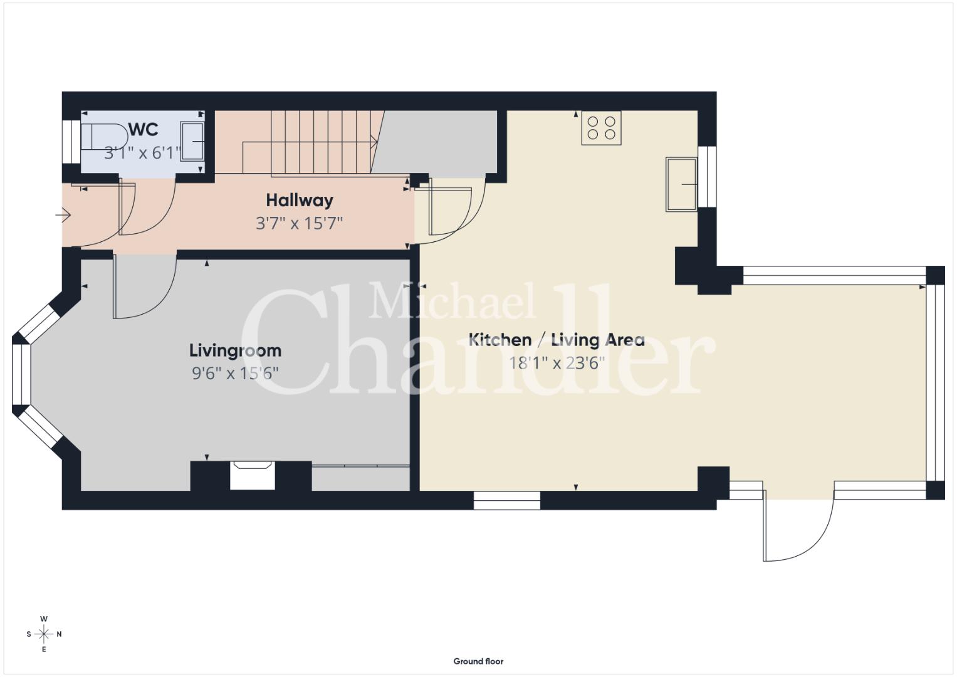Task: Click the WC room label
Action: (x=144, y=129)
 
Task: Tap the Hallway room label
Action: (x=300, y=201)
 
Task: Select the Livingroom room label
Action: (x=236, y=350)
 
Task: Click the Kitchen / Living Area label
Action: (x=557, y=340)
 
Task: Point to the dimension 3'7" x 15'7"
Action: (x=300, y=223)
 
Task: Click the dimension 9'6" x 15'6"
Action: (x=236, y=374)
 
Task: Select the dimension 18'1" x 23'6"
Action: (x=557, y=364)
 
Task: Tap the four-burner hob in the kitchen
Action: (x=601, y=128)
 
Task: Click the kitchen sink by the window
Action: (x=681, y=184)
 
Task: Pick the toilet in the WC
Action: (x=104, y=137)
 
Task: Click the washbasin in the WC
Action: (x=192, y=141)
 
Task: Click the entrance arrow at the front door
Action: (x=63, y=214)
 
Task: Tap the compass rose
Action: (x=44, y=634)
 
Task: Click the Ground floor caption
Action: (x=479, y=661)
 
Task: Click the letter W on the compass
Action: (x=44, y=619)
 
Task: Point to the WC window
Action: (x=71, y=142)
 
